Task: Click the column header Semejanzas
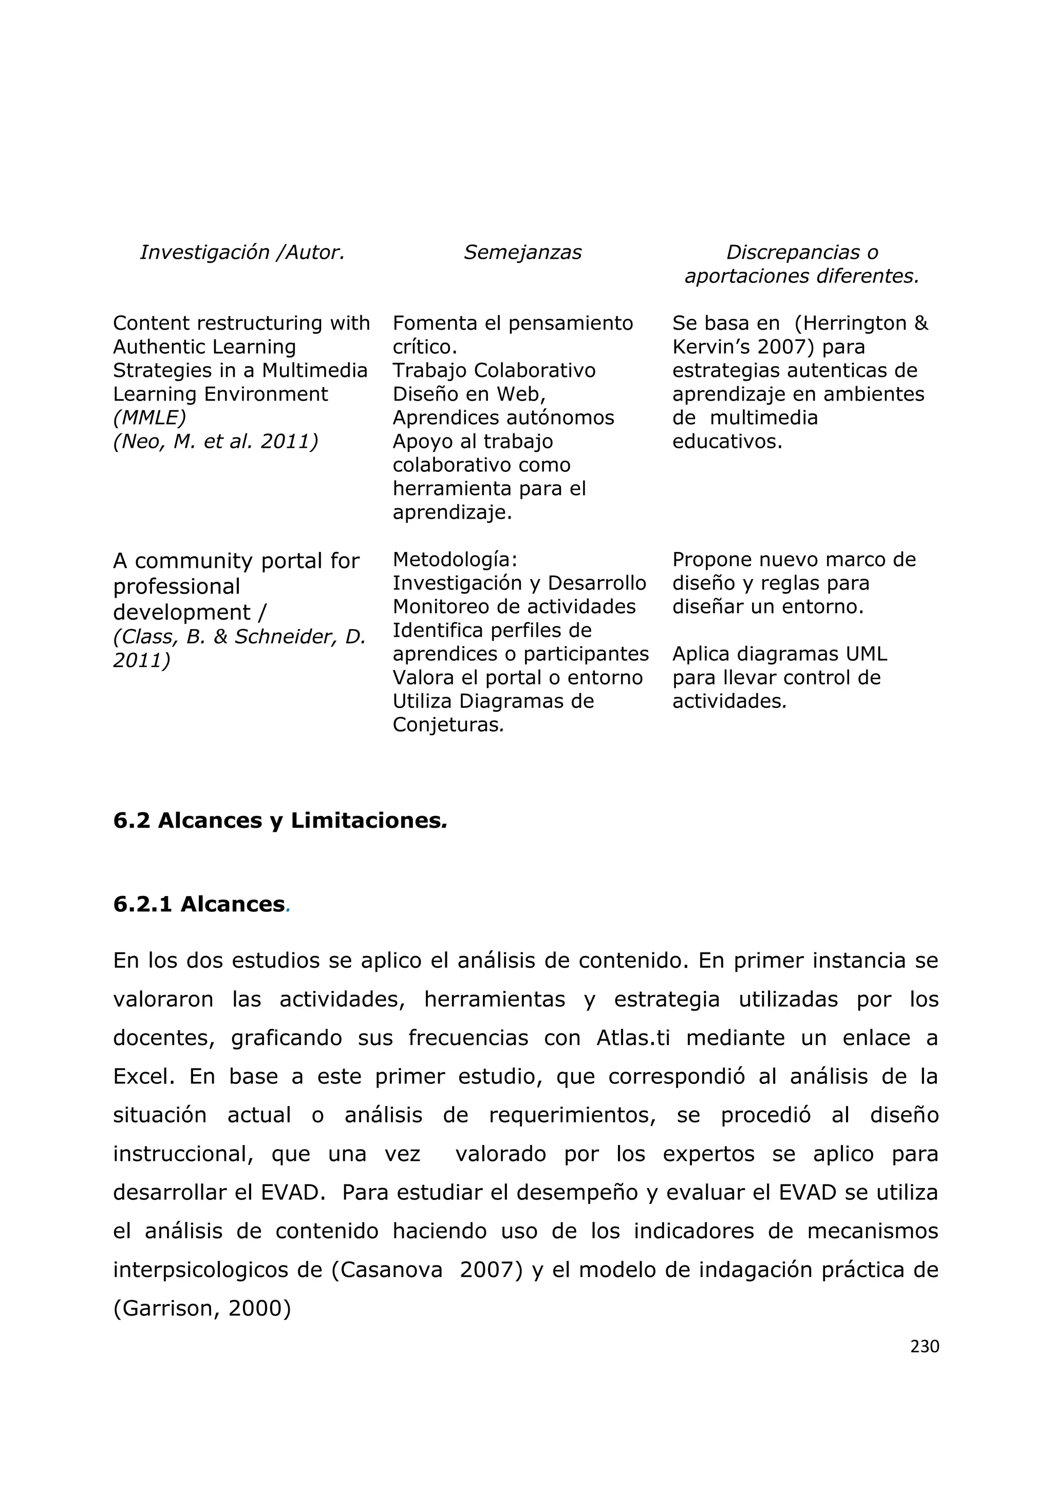coord(522,253)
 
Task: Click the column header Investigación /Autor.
coord(241,253)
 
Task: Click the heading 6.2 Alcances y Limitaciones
coord(280,821)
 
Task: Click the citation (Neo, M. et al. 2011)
coord(215,442)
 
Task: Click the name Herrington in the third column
coord(853,323)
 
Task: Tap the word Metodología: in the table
coord(455,560)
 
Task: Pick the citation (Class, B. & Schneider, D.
coord(239,637)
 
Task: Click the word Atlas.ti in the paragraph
coord(633,1038)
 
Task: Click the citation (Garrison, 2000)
coord(202,1309)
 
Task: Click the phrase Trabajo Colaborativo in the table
coord(494,370)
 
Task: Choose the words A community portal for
coord(236,561)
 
